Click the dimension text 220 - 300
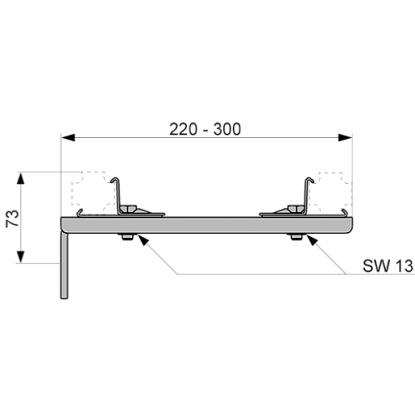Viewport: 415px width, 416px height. pos(205,129)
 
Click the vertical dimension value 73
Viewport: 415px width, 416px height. pos(12,218)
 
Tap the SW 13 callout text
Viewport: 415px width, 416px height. pos(388,265)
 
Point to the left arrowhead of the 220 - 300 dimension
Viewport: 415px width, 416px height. pos(68,137)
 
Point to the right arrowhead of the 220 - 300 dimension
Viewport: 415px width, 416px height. pos(345,137)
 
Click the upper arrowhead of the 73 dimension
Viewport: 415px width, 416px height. pos(21,178)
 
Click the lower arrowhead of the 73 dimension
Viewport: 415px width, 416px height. pos(21,256)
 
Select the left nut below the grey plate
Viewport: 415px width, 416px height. pos(126,237)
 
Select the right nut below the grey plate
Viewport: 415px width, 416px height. pos(297,237)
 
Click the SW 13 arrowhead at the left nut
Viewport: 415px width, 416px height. pos(141,240)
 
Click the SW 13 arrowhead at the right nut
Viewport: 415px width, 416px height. pos(311,240)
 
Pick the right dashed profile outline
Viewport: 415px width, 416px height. pos(330,193)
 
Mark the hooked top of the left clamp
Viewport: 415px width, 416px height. pos(115,180)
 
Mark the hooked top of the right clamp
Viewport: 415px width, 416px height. pos(309,180)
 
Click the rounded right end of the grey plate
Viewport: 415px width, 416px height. pos(350,225)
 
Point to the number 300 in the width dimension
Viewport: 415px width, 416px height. pos(227,129)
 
